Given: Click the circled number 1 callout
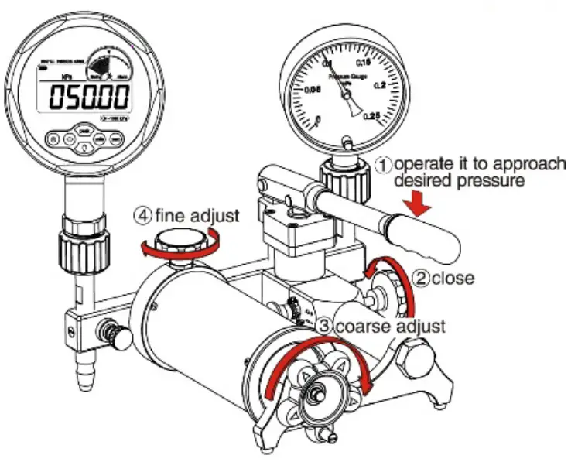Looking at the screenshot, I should (x=385, y=164).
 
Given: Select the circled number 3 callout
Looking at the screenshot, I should (x=324, y=326).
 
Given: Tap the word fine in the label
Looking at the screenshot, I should (x=168, y=215).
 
